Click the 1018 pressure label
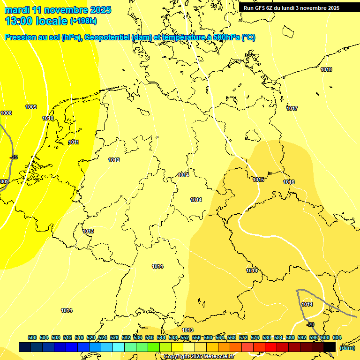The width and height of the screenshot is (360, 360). click(326, 70)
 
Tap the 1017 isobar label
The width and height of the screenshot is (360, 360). click(292, 109)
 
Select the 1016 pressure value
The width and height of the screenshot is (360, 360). click(289, 182)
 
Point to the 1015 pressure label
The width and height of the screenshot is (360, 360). click(258, 180)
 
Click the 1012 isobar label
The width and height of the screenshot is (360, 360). click(114, 160)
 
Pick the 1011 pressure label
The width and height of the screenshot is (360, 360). click(74, 142)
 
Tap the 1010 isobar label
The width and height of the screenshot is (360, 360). click(48, 119)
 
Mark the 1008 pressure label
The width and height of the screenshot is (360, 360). click(6, 113)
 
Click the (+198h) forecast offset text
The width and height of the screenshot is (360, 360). click(83, 21)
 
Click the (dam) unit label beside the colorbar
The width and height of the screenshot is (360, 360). click(347, 348)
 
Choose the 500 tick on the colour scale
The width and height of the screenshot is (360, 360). click(32, 337)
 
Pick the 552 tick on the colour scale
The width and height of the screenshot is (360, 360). click(185, 337)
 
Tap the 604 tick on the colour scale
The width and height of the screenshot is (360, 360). click(337, 337)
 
